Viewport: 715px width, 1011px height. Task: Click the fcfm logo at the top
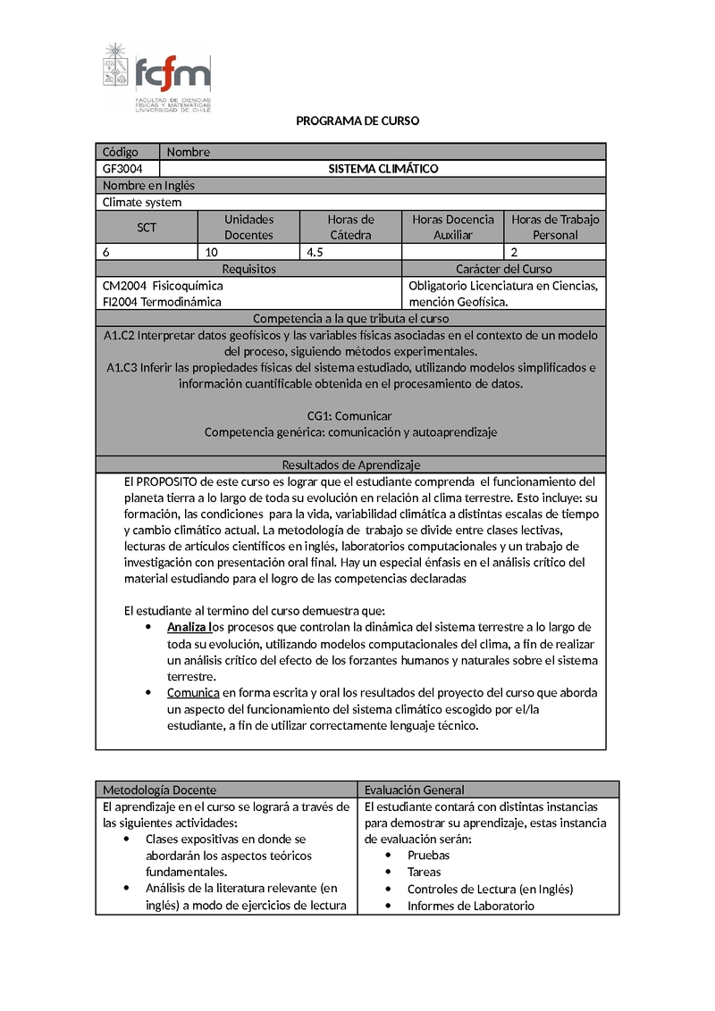point(158,78)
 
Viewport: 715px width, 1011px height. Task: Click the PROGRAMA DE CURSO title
point(357,121)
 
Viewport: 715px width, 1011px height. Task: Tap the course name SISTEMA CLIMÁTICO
point(383,169)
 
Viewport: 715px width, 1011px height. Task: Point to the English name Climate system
point(142,203)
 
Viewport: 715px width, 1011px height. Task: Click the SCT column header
point(147,228)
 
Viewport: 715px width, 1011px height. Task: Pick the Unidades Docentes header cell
point(248,228)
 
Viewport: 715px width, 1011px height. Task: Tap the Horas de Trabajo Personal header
point(555,228)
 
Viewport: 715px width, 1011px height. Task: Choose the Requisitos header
point(248,269)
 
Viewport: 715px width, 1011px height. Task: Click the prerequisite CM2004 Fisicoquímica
point(163,286)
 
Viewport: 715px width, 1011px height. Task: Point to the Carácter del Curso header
point(504,269)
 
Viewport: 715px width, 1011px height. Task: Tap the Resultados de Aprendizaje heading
point(350,465)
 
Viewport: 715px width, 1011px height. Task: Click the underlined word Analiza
point(187,628)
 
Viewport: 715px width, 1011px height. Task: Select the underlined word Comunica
point(193,692)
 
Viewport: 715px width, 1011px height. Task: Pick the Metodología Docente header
point(159,790)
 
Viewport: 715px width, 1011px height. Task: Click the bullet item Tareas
point(424,872)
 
